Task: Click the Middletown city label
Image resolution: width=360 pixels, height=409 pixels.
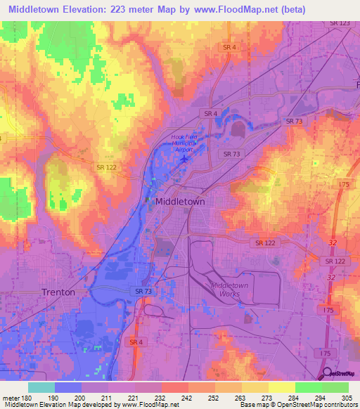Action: point(179,201)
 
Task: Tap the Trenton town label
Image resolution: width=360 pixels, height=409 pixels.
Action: point(58,292)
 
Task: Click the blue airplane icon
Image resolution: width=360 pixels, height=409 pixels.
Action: point(184,157)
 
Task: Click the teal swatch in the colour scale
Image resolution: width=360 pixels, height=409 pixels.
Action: point(41,387)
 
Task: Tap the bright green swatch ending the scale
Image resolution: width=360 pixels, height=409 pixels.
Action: point(335,387)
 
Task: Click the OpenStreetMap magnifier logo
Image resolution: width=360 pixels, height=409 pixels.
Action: point(327,373)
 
